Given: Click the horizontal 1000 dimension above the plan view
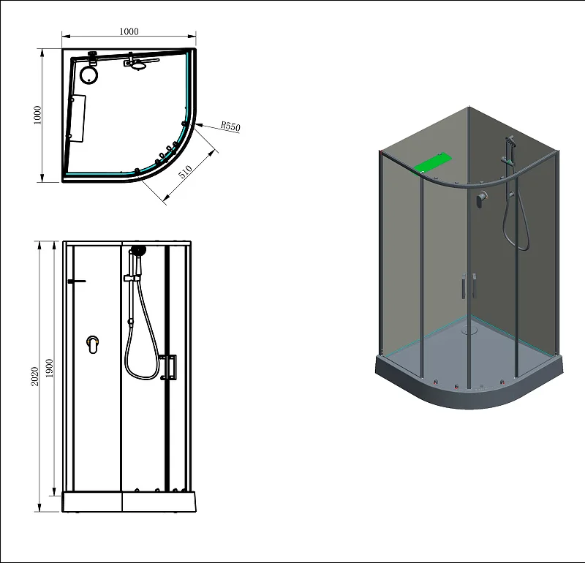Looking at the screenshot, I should pos(129,31).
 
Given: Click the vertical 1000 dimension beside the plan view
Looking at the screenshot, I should pos(37,115).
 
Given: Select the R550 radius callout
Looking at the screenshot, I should pos(230,126).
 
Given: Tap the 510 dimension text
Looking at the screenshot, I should pos(185,173).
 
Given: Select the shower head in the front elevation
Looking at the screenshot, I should pos(137,250).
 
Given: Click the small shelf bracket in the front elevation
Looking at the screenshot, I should pos(75,281).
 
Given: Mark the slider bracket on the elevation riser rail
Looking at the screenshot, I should pos(131,279).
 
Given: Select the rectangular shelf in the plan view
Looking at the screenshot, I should pos(78,117).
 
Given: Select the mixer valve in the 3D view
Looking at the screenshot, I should pos(481,198).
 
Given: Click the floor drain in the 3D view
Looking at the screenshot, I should pos(469,329).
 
